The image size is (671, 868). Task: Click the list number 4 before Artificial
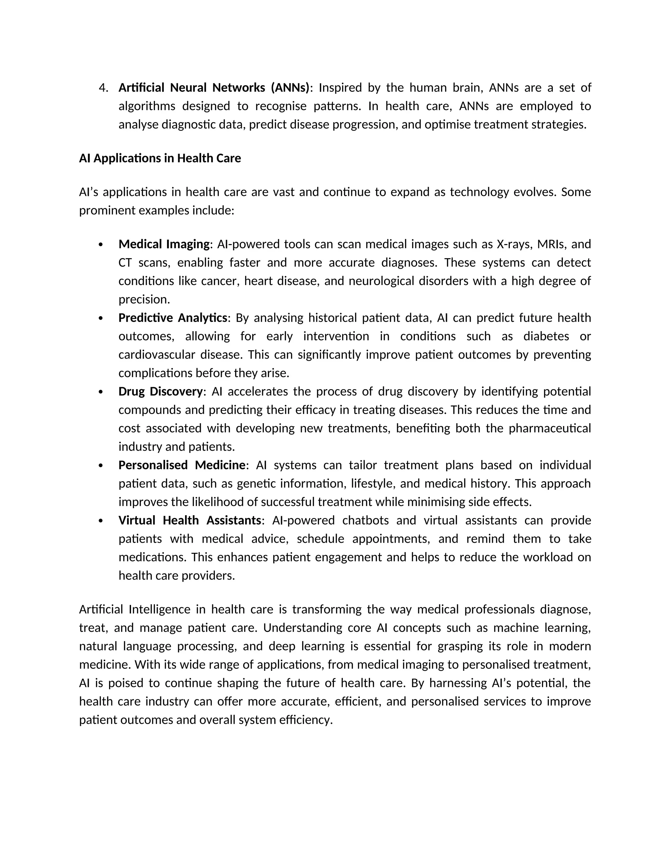103,88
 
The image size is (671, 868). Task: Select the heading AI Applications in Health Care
160,158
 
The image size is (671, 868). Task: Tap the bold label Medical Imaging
164,244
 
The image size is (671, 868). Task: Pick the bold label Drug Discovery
161,391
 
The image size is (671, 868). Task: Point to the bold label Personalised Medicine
182,465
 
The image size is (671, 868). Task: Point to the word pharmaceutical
550,428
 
